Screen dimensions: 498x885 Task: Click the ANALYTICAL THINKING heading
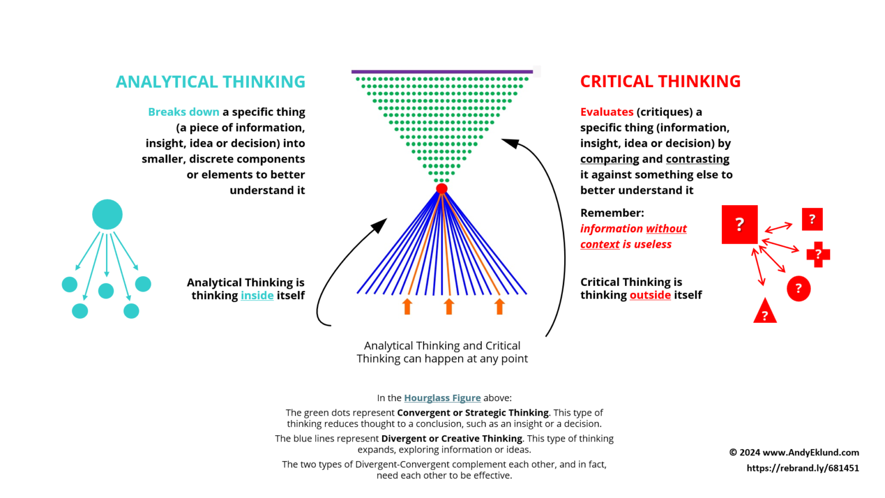(210, 82)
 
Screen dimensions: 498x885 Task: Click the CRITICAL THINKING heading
(660, 81)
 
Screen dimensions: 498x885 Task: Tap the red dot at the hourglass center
(442, 188)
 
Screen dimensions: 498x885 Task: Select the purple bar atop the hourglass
(442, 71)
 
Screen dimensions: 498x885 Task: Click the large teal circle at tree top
(107, 214)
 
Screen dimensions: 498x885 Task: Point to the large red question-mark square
(740, 224)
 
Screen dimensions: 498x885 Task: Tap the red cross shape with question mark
(818, 254)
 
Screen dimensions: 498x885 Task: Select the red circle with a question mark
(799, 288)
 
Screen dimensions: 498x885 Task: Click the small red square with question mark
(812, 219)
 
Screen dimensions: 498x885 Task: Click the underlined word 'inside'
(257, 296)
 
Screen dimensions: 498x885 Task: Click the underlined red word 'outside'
(650, 295)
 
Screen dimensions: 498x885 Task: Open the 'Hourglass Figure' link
(442, 398)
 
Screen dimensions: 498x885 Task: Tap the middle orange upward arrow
(449, 307)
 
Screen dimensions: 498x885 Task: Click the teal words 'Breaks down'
(184, 112)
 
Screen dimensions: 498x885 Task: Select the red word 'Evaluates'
(607, 112)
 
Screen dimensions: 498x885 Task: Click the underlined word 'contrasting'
(697, 159)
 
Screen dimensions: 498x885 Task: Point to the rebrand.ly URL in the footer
(803, 468)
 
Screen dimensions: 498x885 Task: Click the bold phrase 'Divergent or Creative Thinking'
(452, 439)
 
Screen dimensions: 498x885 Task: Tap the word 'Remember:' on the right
(612, 213)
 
